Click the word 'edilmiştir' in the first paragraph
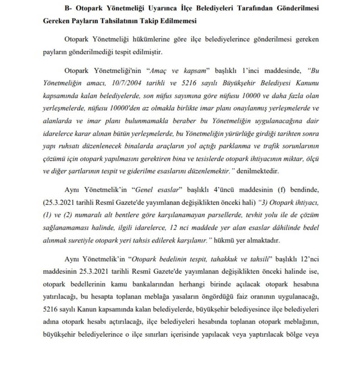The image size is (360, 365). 148,52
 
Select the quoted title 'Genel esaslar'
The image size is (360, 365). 157,190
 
